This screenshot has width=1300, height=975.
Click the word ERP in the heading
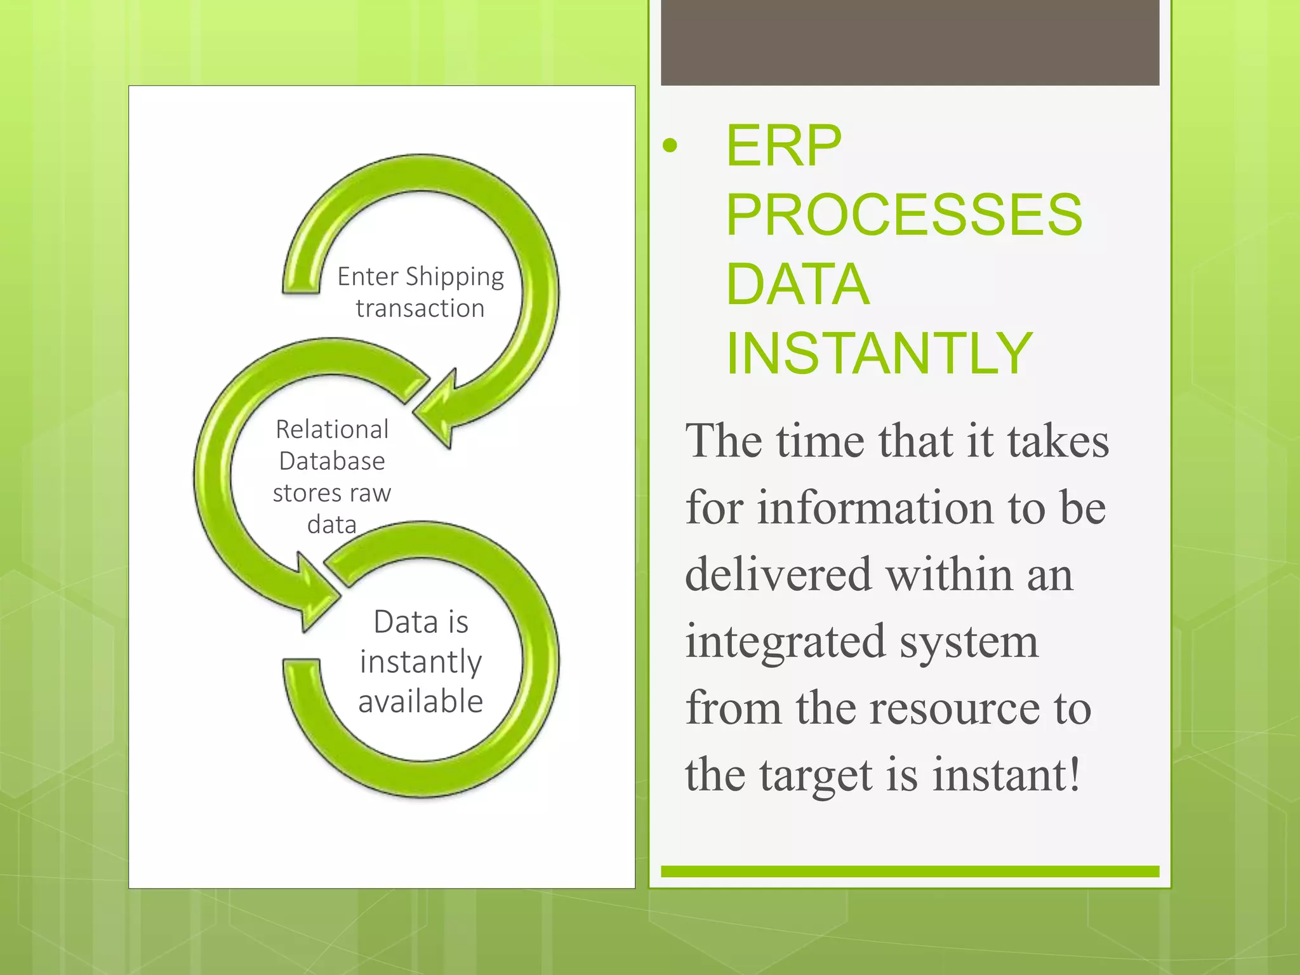click(783, 146)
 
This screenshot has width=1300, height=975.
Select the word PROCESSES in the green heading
click(904, 215)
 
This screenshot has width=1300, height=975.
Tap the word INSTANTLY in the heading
click(879, 354)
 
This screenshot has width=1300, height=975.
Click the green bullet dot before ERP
click(670, 147)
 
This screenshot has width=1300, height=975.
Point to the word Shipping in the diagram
click(454, 277)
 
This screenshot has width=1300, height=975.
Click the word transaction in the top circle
click(420, 308)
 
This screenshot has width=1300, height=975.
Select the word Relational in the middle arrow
click(332, 430)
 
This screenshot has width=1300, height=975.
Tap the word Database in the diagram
click(332, 461)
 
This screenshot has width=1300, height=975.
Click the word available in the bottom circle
click(420, 702)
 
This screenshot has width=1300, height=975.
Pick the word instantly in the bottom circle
click(420, 662)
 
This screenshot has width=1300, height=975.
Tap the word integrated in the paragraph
click(786, 642)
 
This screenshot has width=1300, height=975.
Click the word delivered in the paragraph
click(778, 574)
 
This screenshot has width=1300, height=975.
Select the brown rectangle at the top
click(910, 43)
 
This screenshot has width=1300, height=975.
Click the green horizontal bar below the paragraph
click(910, 872)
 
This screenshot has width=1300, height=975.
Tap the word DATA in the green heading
click(797, 284)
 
